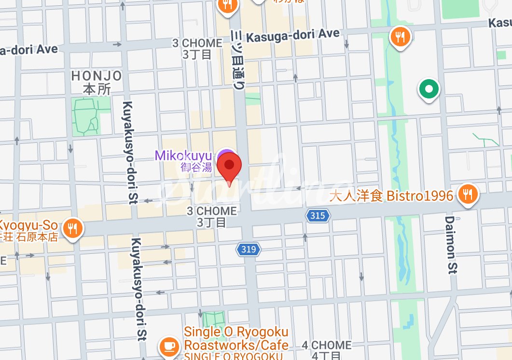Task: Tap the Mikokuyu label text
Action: [183, 156]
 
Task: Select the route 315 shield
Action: [318, 216]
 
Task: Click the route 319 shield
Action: [248, 249]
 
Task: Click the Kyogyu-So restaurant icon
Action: [73, 229]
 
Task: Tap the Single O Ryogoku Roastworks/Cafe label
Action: [236, 339]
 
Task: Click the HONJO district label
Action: [97, 76]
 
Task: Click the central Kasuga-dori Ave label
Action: [292, 35]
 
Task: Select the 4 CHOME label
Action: [326, 346]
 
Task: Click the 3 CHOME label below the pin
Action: [211, 211]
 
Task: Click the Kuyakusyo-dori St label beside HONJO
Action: [128, 152]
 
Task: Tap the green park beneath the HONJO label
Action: [85, 115]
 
